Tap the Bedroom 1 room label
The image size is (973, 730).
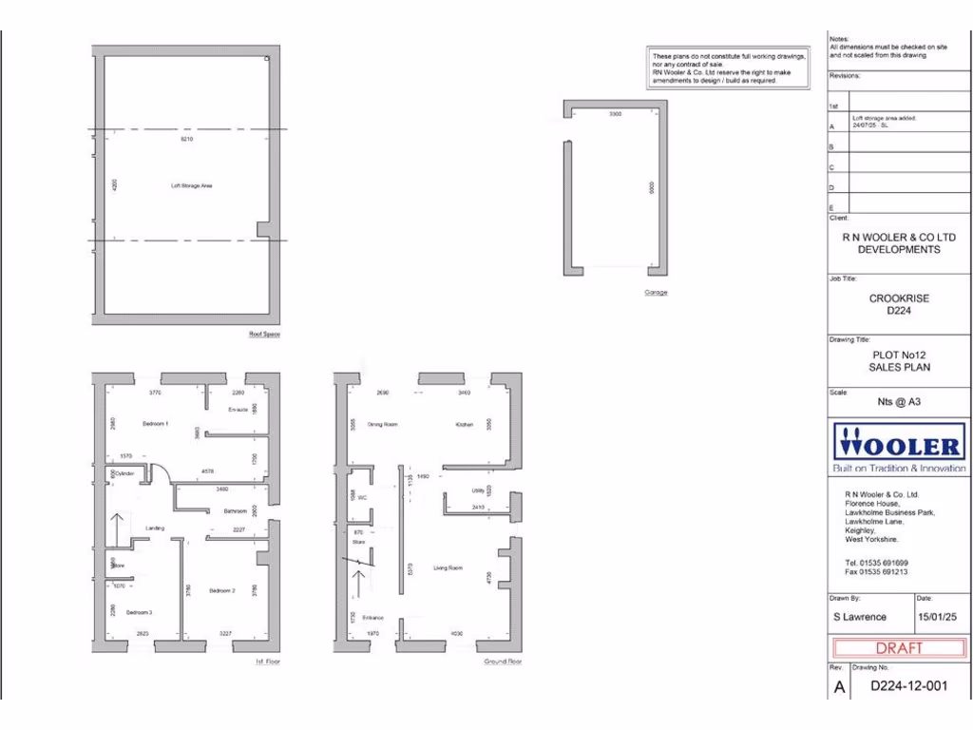tap(155, 423)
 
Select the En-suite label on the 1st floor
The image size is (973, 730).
tap(238, 410)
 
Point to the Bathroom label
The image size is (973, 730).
tap(236, 511)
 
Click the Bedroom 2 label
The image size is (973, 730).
tap(221, 591)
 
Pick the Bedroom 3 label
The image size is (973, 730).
tap(139, 612)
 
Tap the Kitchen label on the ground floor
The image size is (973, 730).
tap(464, 424)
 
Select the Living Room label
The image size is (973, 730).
tap(448, 568)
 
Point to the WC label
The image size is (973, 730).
tap(362, 495)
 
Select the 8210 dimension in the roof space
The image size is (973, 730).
tap(186, 140)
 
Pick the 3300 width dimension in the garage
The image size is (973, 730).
tap(615, 114)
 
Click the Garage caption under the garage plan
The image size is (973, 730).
tap(656, 292)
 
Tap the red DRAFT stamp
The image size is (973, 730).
tap(899, 648)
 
